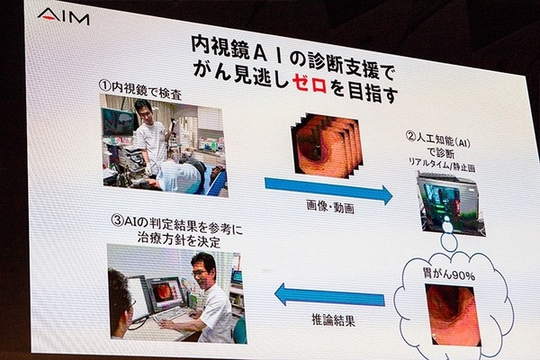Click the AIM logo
pos(63,16)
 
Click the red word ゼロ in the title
pos(309,84)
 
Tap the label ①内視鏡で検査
pos(139,89)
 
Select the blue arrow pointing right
pos(328,191)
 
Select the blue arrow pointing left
pos(329,295)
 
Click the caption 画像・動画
pos(330,207)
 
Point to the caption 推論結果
pos(333,320)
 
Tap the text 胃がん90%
pos(448,274)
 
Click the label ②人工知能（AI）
pos(438,140)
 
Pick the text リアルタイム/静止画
pos(442,164)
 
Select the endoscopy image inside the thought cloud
pos(453,315)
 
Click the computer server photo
pos(451,204)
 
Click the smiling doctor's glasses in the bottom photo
pos(200,273)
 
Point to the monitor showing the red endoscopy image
pos(166,294)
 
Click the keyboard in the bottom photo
pos(170,315)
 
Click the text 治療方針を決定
pos(178,239)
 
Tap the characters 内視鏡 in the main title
pos(220,48)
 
